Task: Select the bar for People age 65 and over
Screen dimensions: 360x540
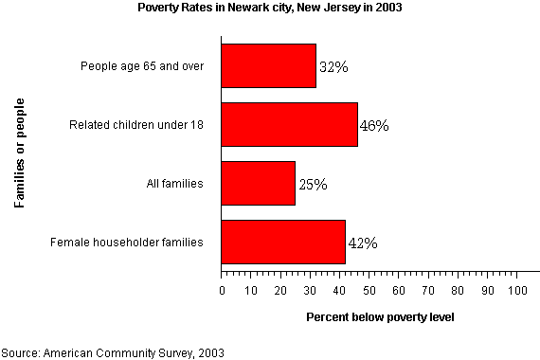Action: (x=268, y=66)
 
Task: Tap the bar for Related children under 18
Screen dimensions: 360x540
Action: (x=289, y=124)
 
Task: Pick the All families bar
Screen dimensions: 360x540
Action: (x=258, y=184)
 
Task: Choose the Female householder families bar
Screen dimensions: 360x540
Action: (x=282, y=243)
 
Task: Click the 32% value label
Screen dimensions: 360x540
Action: (x=333, y=67)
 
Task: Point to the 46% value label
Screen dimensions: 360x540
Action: (x=374, y=125)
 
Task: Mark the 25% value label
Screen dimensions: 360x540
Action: (x=313, y=184)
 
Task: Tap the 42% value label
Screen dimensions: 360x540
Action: (x=363, y=243)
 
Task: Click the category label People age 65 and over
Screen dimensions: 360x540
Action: (x=143, y=66)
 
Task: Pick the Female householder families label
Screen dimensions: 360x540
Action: (x=127, y=243)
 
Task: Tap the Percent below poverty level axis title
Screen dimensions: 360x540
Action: (x=380, y=316)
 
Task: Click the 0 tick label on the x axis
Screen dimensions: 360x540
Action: (x=222, y=292)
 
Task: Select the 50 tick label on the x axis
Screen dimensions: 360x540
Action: (x=369, y=292)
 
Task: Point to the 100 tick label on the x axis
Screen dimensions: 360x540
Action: (x=516, y=292)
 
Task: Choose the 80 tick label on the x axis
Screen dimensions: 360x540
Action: (x=458, y=292)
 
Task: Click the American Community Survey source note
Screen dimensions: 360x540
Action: (x=113, y=351)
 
